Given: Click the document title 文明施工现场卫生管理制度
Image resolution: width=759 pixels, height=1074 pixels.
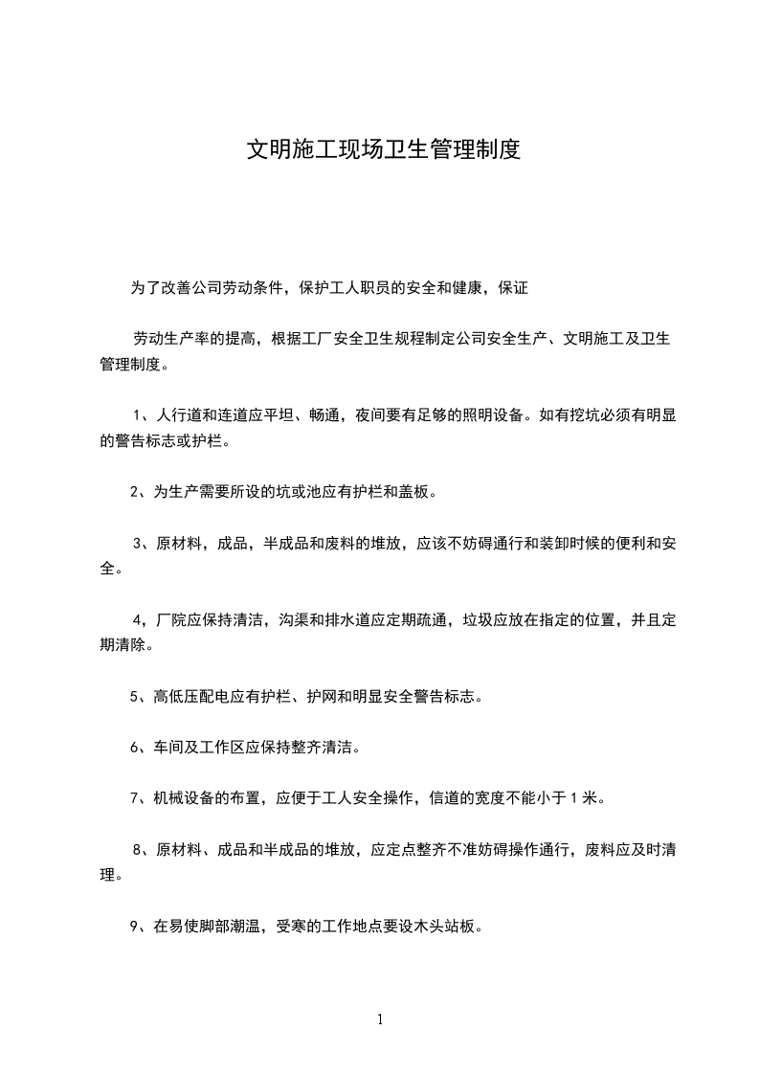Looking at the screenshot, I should pos(384,149).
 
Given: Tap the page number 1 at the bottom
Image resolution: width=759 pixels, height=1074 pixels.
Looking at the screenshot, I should pos(380,1019).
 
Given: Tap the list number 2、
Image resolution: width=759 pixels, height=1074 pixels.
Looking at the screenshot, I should pos(140,493).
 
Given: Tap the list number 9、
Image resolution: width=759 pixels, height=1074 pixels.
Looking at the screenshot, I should pos(140,927).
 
